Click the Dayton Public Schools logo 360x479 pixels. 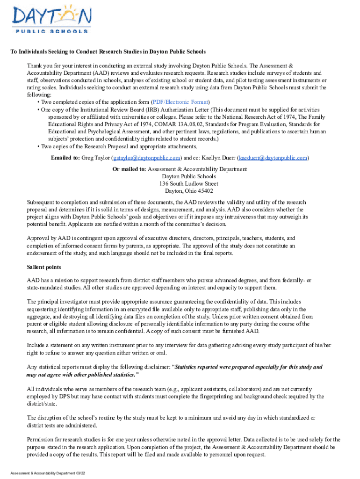50,20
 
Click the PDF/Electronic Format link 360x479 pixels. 180,102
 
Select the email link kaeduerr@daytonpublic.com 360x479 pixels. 273,158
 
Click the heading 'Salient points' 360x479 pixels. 44,267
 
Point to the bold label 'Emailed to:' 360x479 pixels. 65,158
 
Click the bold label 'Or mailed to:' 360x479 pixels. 129,169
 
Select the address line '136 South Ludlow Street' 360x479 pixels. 188,184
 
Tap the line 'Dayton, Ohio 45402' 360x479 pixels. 188,191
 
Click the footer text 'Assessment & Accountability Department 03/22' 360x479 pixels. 48,473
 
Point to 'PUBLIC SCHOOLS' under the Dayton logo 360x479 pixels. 51,31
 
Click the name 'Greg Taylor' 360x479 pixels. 96,158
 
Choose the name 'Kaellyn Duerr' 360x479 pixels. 218,158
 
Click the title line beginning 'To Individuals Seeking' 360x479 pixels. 108,51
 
